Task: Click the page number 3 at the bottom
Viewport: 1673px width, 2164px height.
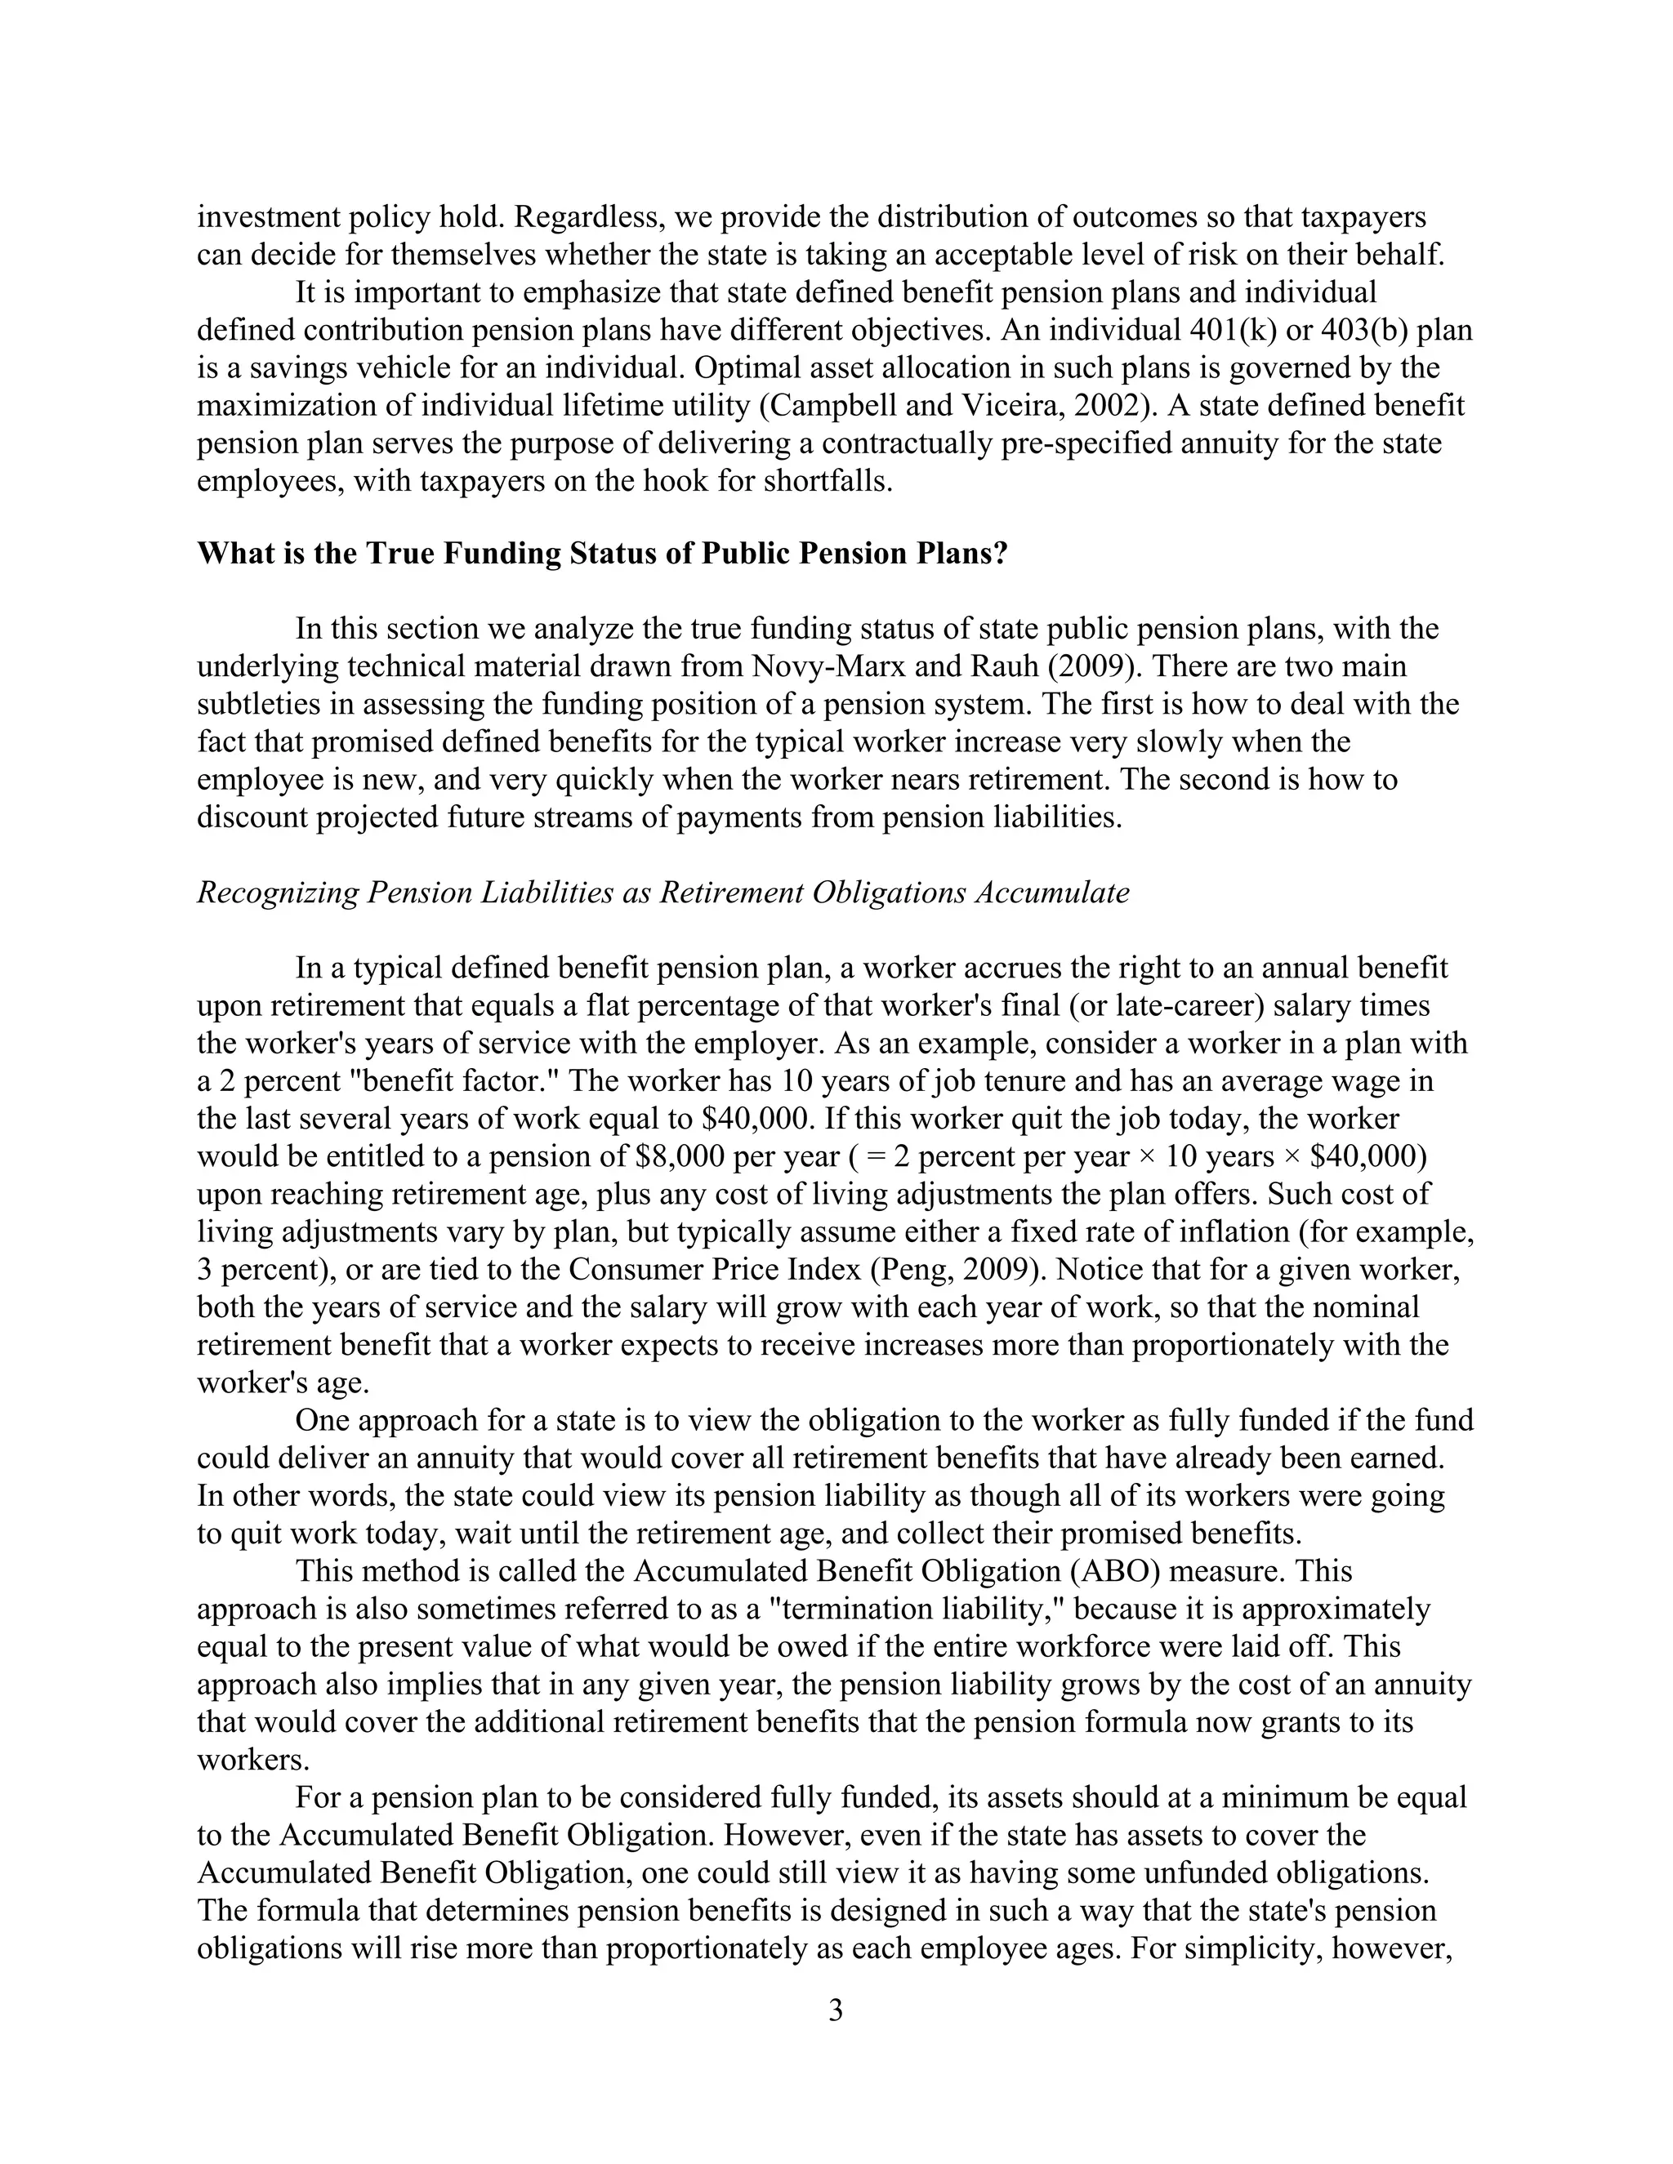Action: (x=835, y=2010)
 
